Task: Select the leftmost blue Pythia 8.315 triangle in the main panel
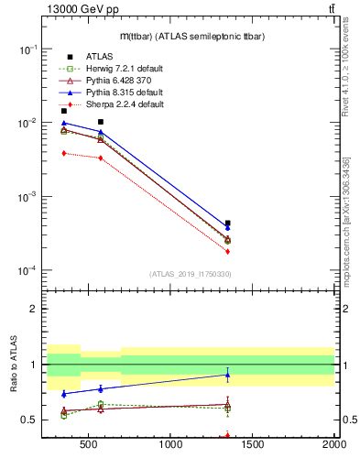(63, 123)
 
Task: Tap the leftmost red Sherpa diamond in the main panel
(63, 153)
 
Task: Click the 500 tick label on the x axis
(88, 446)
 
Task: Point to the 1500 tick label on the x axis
(252, 446)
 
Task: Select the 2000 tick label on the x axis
(333, 446)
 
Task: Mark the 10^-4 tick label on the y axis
(27, 271)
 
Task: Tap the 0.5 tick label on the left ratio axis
(29, 420)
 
